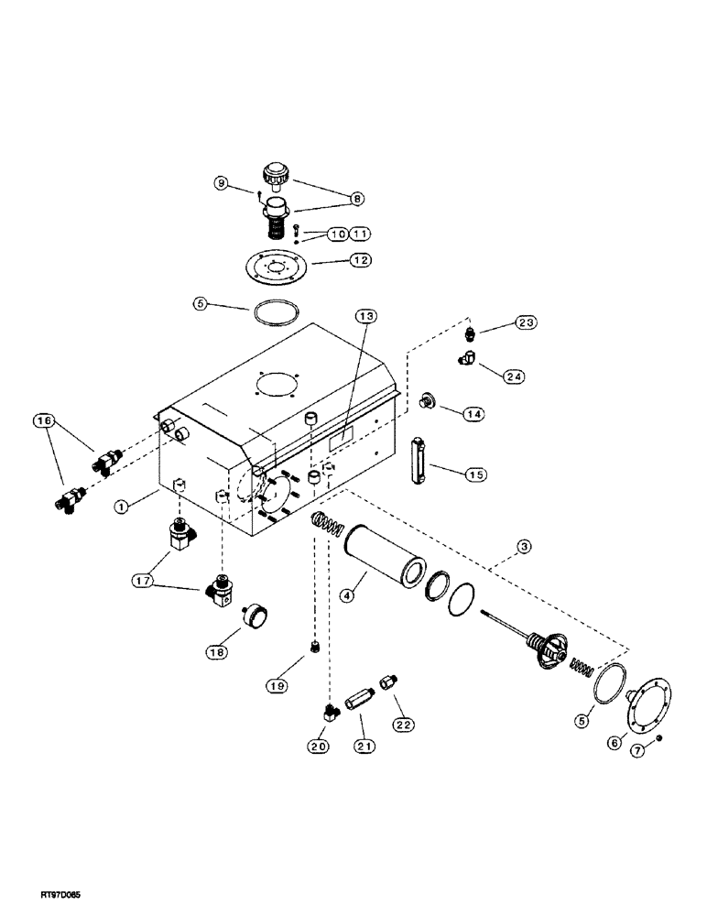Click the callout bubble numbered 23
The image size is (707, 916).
click(x=526, y=322)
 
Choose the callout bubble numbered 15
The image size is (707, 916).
click(x=475, y=474)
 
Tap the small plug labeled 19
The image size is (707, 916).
click(x=314, y=651)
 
